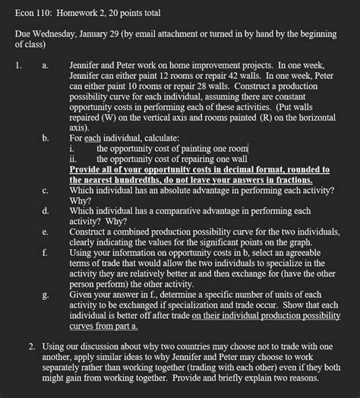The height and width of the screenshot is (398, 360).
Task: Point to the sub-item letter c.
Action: click(46, 191)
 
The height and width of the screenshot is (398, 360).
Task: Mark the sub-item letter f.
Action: click(46, 252)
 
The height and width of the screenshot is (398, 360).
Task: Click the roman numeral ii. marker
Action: click(74, 160)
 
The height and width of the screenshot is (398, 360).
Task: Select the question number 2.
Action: click(31, 346)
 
